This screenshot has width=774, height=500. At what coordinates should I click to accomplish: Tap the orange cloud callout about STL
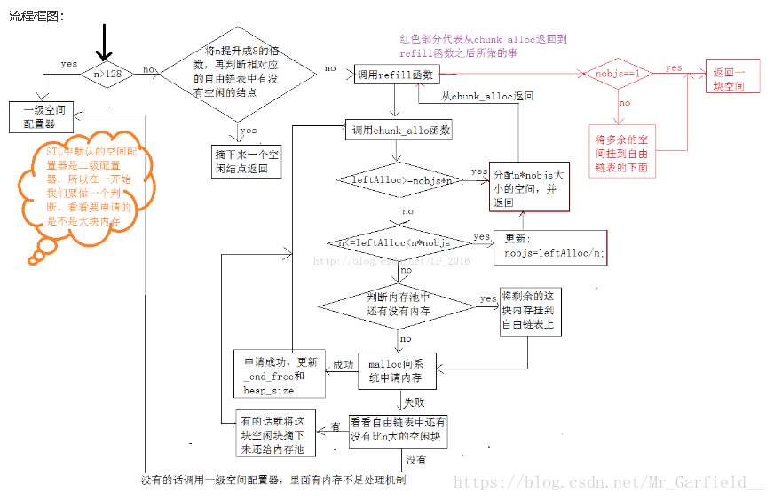(x=78, y=194)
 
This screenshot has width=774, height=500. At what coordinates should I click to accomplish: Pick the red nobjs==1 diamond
(x=618, y=72)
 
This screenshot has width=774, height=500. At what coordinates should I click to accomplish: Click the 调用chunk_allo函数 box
(x=399, y=131)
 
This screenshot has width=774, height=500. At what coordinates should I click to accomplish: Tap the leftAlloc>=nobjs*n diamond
(x=400, y=180)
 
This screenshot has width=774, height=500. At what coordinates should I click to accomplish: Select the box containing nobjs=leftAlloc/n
(x=549, y=246)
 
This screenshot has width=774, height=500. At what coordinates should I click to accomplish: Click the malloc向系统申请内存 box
(x=397, y=371)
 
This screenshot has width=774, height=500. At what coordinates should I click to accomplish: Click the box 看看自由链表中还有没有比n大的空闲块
(x=397, y=432)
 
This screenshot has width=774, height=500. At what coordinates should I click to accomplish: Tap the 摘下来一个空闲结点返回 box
(x=247, y=161)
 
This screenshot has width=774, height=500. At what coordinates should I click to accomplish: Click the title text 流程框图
(x=36, y=15)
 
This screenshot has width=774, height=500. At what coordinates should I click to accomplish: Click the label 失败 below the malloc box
(x=415, y=401)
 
